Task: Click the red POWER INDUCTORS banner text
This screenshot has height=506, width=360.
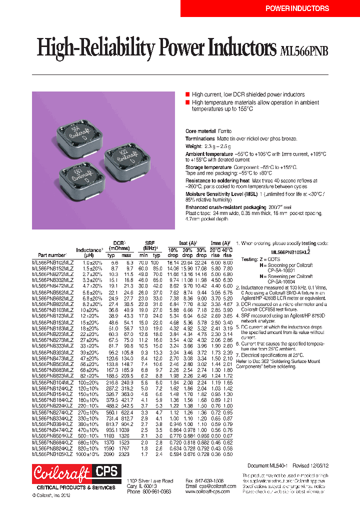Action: [x=296, y=8]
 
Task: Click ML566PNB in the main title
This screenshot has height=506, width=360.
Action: [x=305, y=50]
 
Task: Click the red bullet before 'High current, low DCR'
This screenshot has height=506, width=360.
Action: [x=187, y=94]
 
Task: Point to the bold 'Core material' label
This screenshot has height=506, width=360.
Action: [x=200, y=131]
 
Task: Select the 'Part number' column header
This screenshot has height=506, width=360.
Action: [x=49, y=254]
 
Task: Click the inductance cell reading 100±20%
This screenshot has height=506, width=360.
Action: [x=88, y=381]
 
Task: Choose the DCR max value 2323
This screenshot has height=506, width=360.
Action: [x=126, y=454]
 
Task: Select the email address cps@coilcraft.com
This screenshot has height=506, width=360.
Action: [x=210, y=485]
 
